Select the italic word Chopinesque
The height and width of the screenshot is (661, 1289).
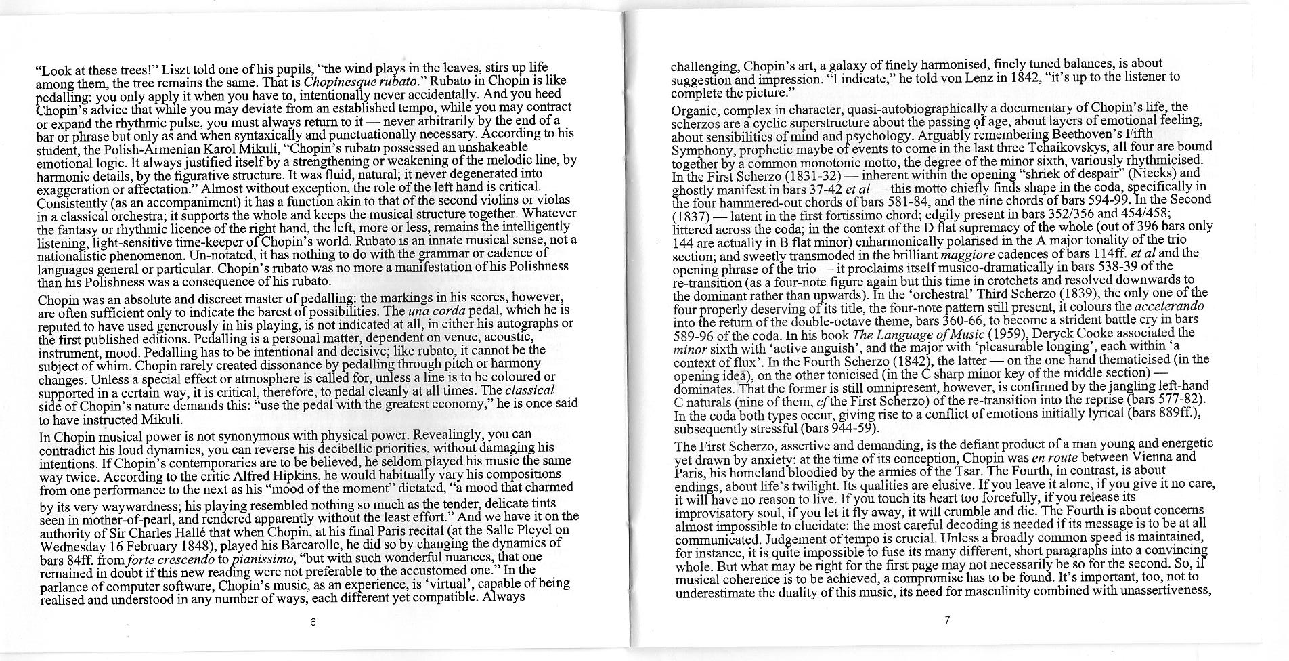(x=335, y=83)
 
